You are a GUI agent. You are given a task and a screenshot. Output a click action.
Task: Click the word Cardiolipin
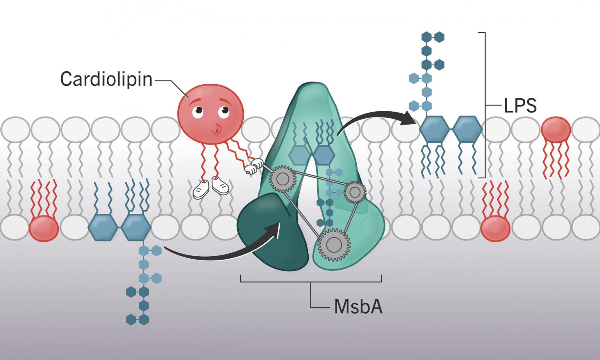pyautogui.click(x=106, y=79)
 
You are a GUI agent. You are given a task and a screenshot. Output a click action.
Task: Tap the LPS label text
pyautogui.click(x=520, y=106)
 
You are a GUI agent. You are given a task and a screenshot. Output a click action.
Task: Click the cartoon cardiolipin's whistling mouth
pyautogui.click(x=217, y=130)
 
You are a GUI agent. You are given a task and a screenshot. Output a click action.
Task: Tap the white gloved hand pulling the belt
pyautogui.click(x=251, y=169)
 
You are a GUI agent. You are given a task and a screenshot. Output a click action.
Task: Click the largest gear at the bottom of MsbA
pyautogui.click(x=332, y=245)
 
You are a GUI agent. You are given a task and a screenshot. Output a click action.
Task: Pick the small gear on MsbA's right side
pyautogui.click(x=355, y=192)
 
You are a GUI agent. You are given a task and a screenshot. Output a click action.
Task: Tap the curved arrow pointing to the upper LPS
pyautogui.click(x=375, y=119)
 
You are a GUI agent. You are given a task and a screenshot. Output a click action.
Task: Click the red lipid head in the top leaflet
pyautogui.click(x=555, y=130)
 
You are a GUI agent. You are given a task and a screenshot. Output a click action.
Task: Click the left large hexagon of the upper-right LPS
pyautogui.click(x=434, y=130)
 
